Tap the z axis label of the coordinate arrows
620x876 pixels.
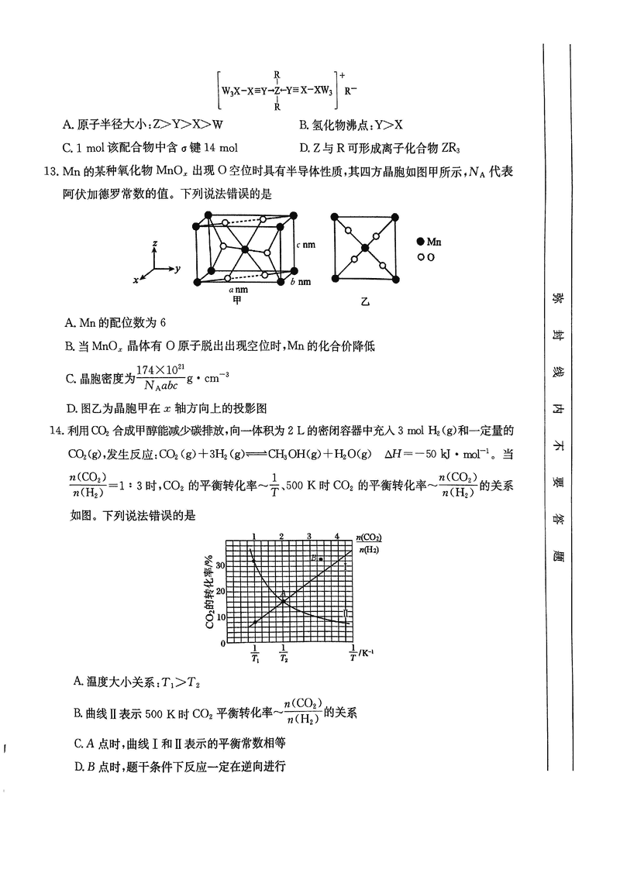tap(156, 243)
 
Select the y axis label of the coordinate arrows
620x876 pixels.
tap(178, 269)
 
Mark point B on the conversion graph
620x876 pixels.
tap(320, 558)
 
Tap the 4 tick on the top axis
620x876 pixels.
tap(337, 535)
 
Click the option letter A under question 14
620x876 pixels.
tap(78, 682)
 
